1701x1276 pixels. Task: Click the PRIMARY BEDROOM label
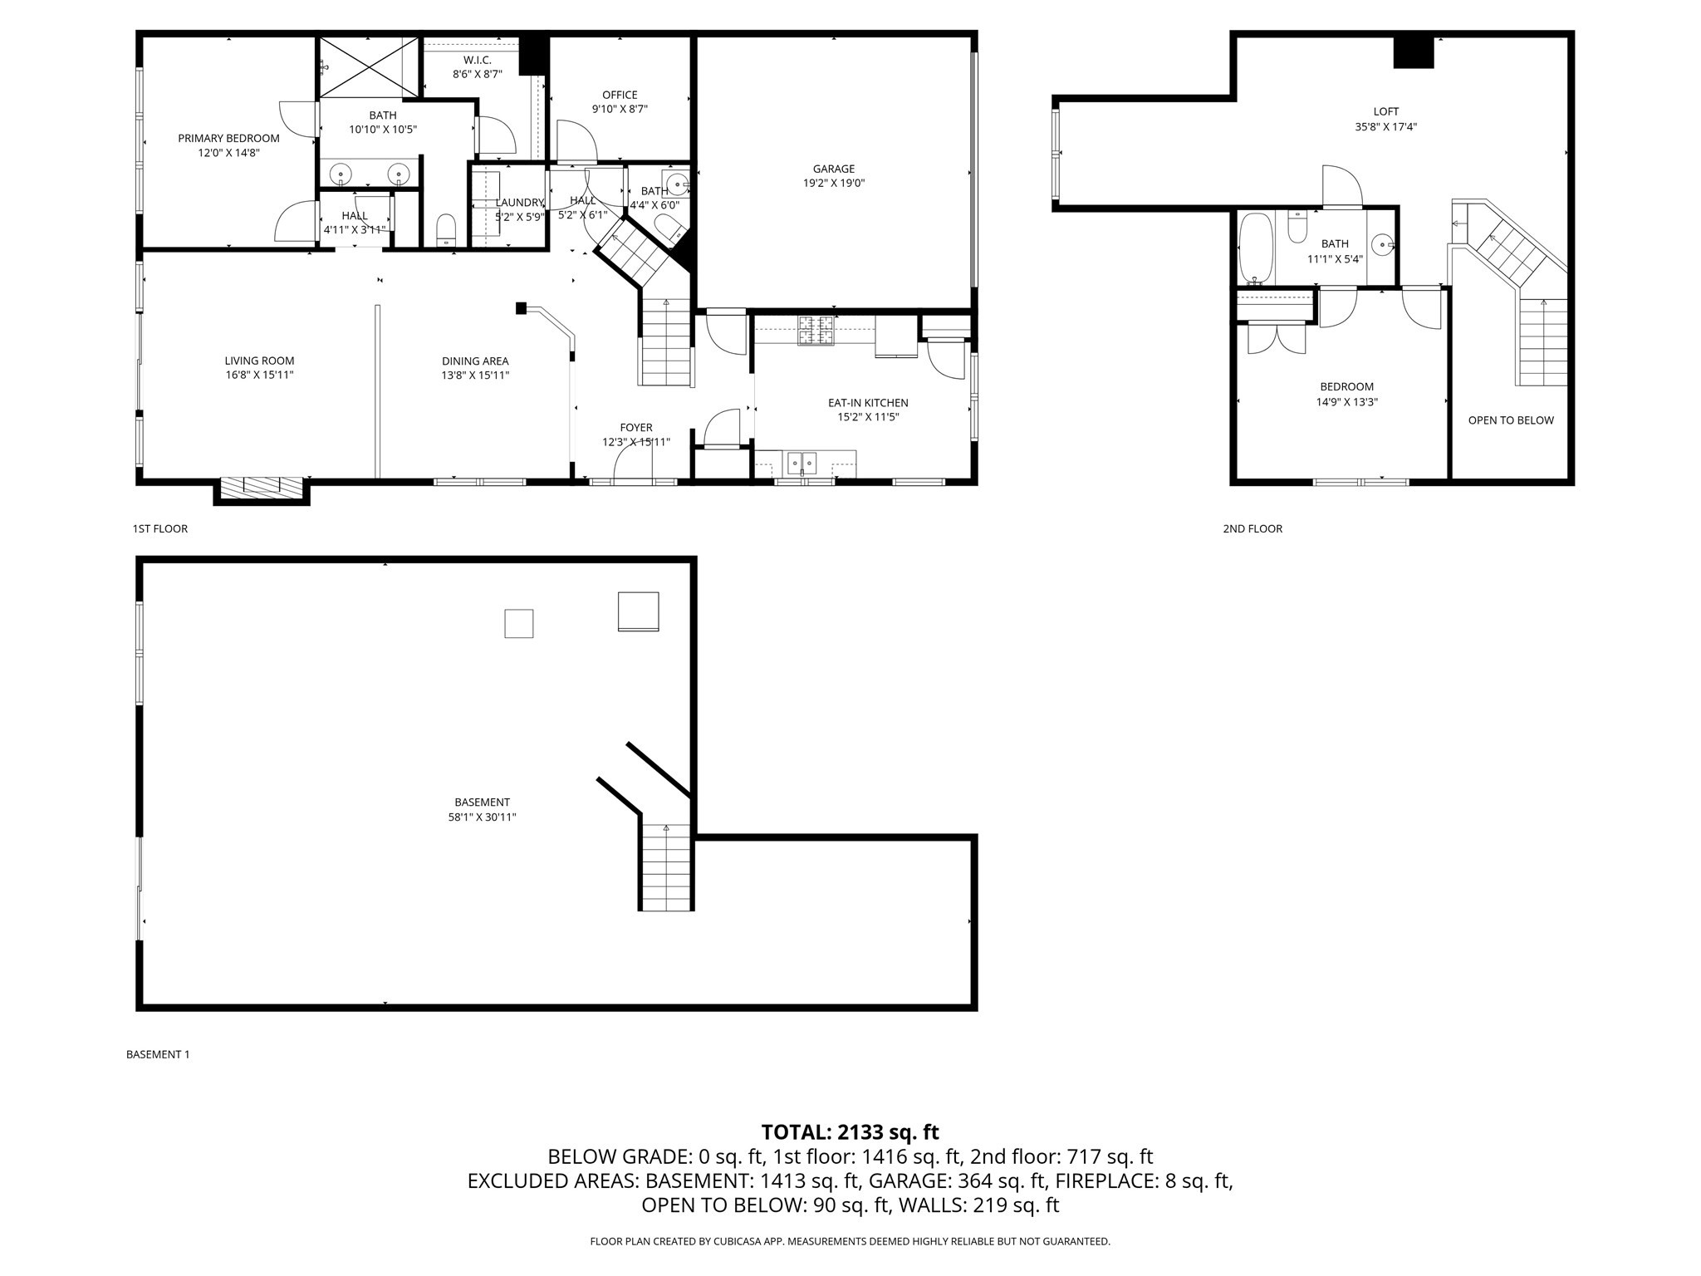coord(228,138)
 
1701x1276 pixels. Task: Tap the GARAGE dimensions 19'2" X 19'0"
coord(833,184)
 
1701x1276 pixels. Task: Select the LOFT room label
coord(1385,111)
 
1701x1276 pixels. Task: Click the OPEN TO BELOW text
coord(1510,420)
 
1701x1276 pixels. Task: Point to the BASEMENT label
coord(482,802)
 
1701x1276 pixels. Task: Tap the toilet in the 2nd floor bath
coord(1297,226)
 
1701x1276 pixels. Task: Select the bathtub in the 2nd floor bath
coord(1255,247)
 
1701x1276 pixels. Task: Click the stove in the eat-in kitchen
coord(816,330)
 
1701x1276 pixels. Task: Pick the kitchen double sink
coord(801,461)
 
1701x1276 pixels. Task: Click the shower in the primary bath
coord(368,66)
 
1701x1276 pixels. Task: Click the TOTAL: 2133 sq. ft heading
coord(850,1131)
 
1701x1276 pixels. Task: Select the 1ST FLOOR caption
coord(160,528)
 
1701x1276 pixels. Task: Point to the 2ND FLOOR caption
coord(1252,528)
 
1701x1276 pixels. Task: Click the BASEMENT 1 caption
coord(158,1054)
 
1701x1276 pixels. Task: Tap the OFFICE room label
coord(620,95)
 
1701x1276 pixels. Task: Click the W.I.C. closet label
coord(477,60)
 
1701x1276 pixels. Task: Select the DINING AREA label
coord(474,361)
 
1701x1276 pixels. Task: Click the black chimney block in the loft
coord(1413,53)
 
